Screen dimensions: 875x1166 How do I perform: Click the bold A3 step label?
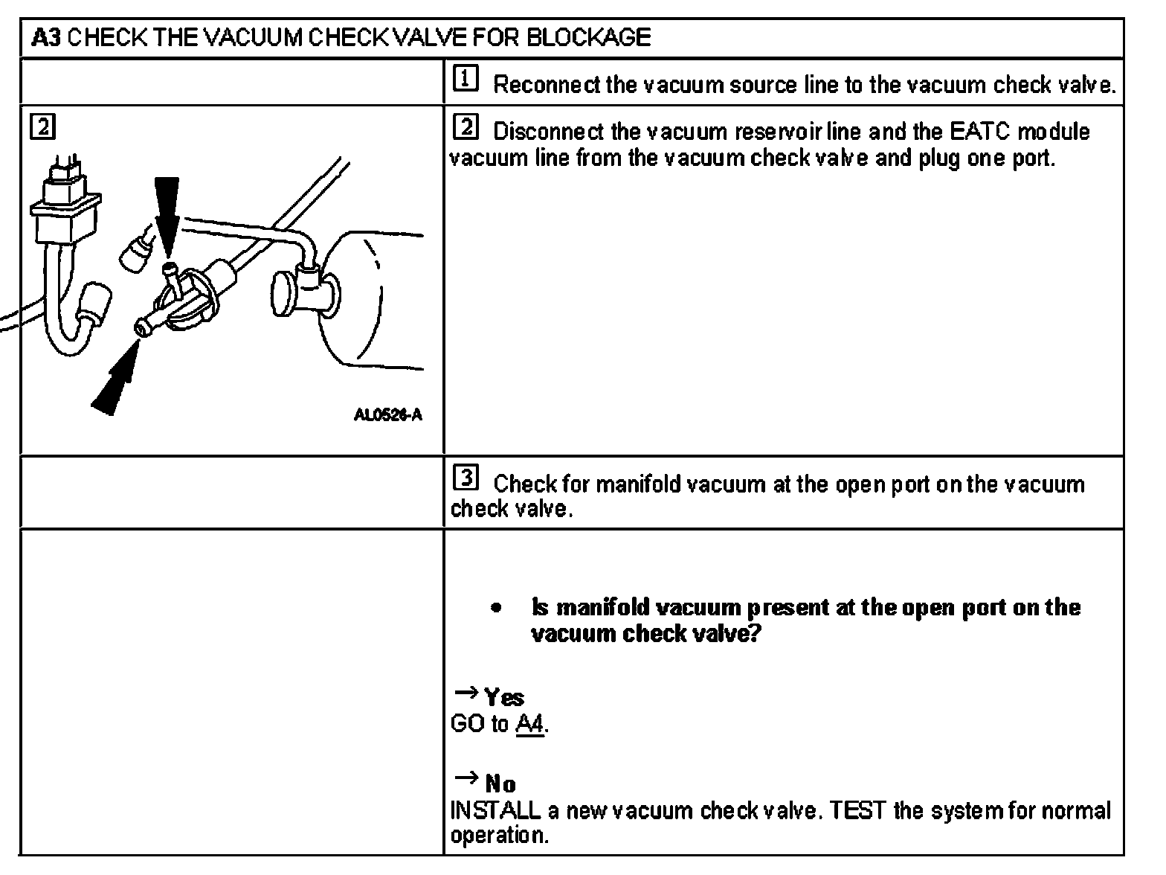(x=45, y=37)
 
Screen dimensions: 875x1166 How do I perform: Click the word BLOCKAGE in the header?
(x=588, y=37)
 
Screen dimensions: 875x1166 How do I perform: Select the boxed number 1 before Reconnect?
(x=466, y=80)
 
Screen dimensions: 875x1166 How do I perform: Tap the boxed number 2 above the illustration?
(x=42, y=127)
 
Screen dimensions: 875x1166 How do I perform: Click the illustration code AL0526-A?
(x=387, y=415)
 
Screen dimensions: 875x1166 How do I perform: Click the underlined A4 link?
(x=530, y=724)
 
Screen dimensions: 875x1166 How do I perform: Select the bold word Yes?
(x=504, y=698)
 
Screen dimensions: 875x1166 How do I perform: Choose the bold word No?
(x=500, y=784)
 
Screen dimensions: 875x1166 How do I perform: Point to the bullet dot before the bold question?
(x=496, y=609)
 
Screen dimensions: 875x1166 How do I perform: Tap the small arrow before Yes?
(x=466, y=693)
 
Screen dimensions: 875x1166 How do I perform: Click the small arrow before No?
(x=466, y=779)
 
